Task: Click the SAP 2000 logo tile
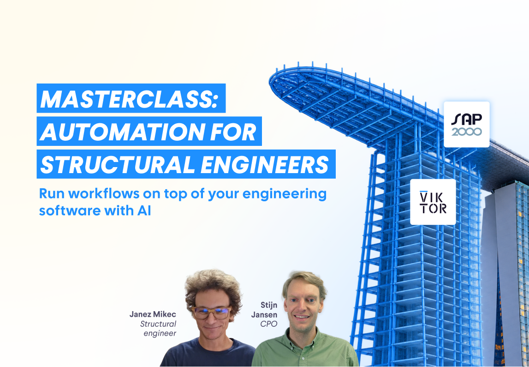[467, 124]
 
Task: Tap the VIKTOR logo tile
[433, 202]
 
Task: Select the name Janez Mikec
[153, 315]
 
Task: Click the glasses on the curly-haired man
[211, 313]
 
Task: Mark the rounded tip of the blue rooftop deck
[271, 79]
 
